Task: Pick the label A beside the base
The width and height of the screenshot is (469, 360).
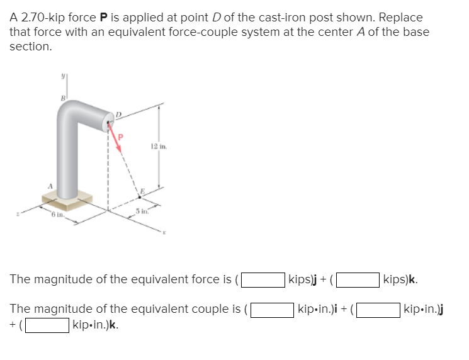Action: point(45,186)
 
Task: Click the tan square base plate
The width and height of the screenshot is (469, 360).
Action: point(67,202)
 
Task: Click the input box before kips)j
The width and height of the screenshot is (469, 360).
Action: point(262,279)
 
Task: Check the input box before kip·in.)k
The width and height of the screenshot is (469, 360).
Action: point(47,325)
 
